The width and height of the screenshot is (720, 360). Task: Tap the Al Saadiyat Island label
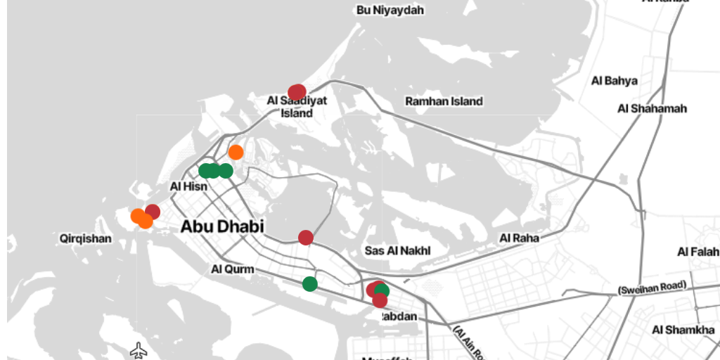click(297, 107)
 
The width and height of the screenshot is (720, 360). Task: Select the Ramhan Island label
click(444, 101)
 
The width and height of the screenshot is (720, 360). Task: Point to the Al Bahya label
click(615, 81)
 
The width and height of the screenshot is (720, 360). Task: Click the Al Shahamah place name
click(652, 108)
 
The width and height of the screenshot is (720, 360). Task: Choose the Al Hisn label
click(189, 186)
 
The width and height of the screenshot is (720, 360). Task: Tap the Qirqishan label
click(85, 238)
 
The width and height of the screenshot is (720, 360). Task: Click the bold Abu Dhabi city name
click(222, 226)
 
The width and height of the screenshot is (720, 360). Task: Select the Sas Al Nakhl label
click(397, 250)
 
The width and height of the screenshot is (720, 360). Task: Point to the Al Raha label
click(519, 238)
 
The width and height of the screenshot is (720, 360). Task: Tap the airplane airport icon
click(139, 349)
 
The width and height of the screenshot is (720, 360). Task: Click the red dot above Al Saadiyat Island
click(297, 92)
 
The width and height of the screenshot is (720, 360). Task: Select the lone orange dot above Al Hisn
click(236, 152)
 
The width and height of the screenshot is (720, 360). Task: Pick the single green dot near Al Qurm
click(309, 283)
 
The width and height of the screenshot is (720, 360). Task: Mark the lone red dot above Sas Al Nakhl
click(305, 238)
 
